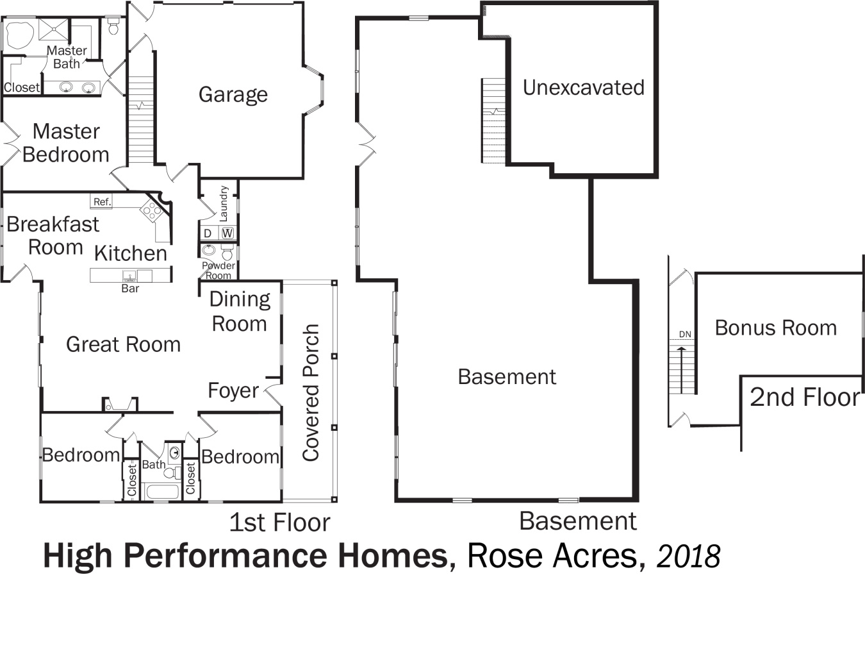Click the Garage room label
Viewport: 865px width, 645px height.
point(233,95)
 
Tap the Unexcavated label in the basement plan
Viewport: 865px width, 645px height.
point(583,88)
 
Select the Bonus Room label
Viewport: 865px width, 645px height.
point(775,328)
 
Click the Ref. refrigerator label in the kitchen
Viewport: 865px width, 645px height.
point(102,201)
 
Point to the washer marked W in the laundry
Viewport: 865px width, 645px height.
point(227,233)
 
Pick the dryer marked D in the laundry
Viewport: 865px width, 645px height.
point(208,233)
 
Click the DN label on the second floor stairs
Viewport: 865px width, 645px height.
point(685,334)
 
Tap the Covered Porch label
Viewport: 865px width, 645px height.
point(311,392)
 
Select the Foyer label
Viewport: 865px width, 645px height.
point(233,390)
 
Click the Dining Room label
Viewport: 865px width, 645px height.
point(240,312)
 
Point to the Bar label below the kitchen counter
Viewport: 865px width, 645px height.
point(130,289)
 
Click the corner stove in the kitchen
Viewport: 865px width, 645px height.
point(152,210)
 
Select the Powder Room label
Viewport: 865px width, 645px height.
point(218,271)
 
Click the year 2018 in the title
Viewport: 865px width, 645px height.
point(688,556)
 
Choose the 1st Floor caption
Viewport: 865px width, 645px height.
point(279,523)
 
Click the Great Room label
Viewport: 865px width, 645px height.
point(123,345)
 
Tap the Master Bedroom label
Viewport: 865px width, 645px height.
point(66,143)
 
